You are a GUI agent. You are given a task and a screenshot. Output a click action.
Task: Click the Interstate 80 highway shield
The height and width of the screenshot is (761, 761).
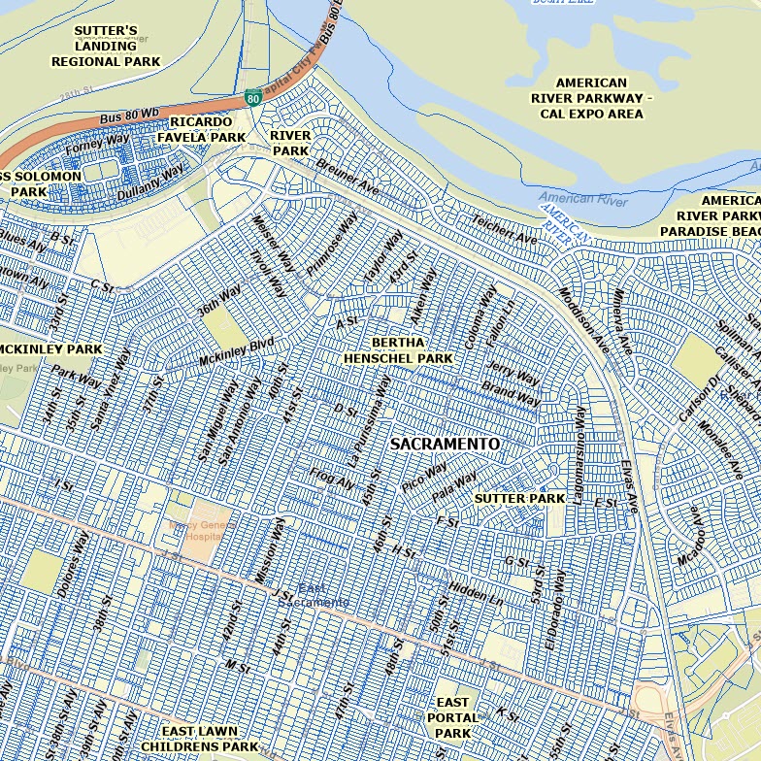click(x=252, y=98)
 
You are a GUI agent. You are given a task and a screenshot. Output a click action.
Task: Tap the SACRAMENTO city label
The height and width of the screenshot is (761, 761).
click(x=446, y=444)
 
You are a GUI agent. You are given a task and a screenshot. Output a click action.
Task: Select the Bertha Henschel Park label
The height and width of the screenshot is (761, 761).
click(x=398, y=350)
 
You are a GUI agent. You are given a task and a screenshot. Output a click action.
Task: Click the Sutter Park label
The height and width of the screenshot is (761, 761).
click(x=519, y=498)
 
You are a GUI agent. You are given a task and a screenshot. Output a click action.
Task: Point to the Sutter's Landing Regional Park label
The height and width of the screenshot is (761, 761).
click(x=106, y=46)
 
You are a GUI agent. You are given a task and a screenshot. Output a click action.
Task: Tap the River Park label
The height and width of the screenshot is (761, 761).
click(x=290, y=143)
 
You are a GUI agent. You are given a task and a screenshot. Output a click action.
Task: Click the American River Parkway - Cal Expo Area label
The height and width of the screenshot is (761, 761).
click(x=592, y=98)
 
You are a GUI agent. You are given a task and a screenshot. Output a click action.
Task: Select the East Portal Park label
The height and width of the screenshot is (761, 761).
click(x=452, y=716)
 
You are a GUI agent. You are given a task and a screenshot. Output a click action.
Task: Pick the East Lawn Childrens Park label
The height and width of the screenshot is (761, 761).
click(x=200, y=739)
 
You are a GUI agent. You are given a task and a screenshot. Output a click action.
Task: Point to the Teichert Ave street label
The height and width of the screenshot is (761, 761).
click(x=505, y=230)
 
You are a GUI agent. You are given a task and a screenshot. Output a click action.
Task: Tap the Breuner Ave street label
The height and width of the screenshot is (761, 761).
click(x=347, y=175)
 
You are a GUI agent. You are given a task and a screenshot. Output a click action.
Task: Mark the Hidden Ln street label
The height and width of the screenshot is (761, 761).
click(x=477, y=594)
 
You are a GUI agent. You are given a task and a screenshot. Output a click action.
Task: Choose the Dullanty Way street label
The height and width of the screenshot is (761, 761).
click(x=150, y=182)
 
